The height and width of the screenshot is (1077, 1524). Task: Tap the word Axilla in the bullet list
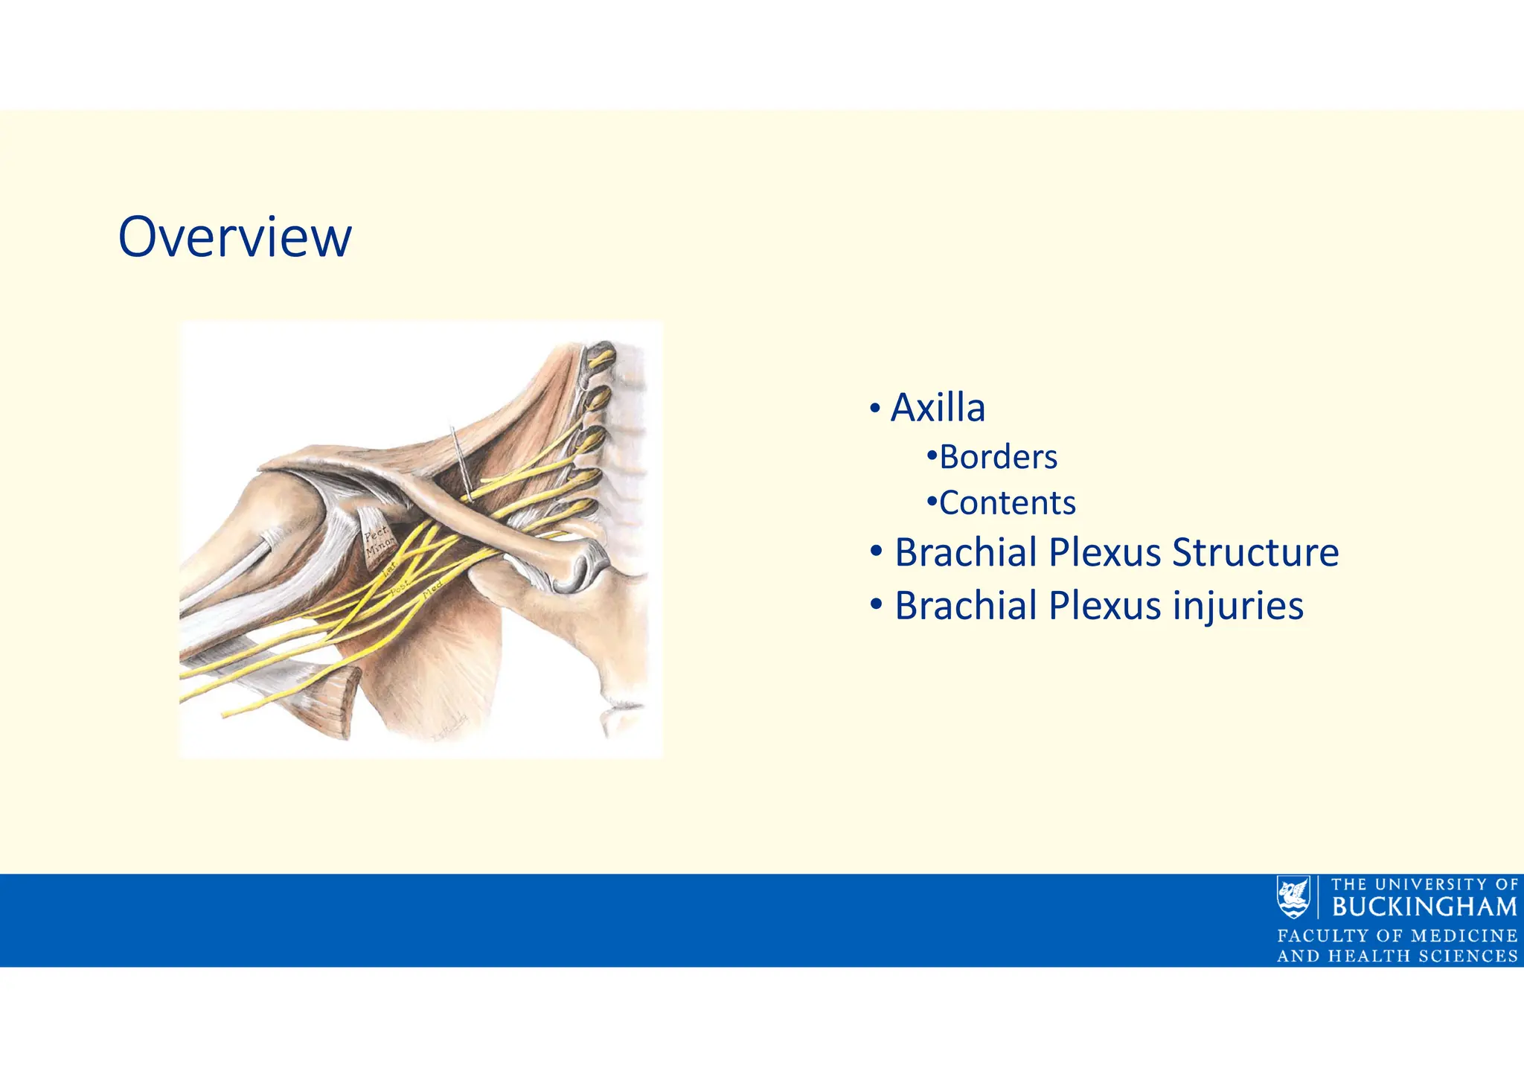pyautogui.click(x=938, y=408)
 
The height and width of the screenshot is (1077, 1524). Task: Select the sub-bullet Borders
pyautogui.click(x=998, y=457)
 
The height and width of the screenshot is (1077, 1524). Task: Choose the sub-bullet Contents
pyautogui.click(x=1007, y=503)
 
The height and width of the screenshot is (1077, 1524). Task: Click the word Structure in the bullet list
pyautogui.click(x=1255, y=553)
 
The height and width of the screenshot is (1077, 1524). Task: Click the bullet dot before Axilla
pyautogui.click(x=875, y=409)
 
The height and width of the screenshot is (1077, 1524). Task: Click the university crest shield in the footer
pyautogui.click(x=1293, y=897)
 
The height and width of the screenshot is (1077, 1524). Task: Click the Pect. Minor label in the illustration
pyautogui.click(x=378, y=542)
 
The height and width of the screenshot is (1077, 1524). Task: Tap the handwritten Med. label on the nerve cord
pyautogui.click(x=433, y=590)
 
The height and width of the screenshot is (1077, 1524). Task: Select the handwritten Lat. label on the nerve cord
pyautogui.click(x=389, y=570)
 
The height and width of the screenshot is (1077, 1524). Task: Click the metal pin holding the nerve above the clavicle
pyautogui.click(x=461, y=461)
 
